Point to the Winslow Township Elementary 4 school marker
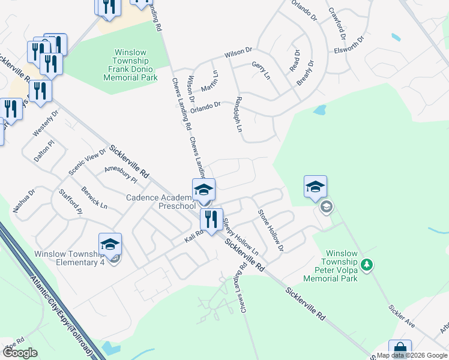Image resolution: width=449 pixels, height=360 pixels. [110, 244]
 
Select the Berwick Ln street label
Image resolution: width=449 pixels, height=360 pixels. [95, 197]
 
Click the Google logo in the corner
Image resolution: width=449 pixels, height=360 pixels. [20, 353]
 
